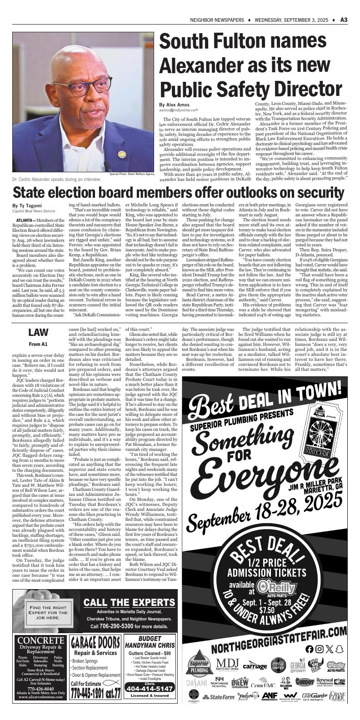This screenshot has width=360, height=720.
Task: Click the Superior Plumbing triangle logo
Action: [199, 666]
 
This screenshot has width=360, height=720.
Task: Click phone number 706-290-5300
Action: [120, 626]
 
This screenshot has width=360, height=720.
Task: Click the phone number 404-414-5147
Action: [150, 701]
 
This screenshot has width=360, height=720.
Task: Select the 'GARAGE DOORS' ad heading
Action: [95, 643]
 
